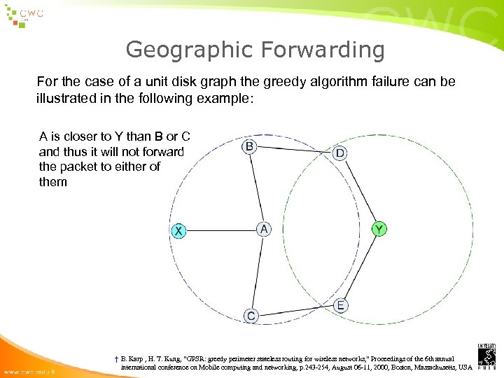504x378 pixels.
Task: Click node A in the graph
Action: point(264,229)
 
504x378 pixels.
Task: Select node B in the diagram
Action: point(249,146)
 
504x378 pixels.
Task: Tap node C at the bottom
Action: point(251,316)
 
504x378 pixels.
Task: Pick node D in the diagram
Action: point(339,153)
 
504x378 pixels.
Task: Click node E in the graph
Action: point(340,305)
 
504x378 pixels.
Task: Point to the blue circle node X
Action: point(179,230)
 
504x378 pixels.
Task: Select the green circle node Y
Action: point(379,229)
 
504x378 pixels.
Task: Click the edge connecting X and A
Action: point(221,230)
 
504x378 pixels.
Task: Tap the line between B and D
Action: point(294,150)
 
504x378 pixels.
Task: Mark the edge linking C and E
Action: point(295,311)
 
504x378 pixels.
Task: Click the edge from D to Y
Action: point(359,190)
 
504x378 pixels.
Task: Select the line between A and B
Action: point(256,188)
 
